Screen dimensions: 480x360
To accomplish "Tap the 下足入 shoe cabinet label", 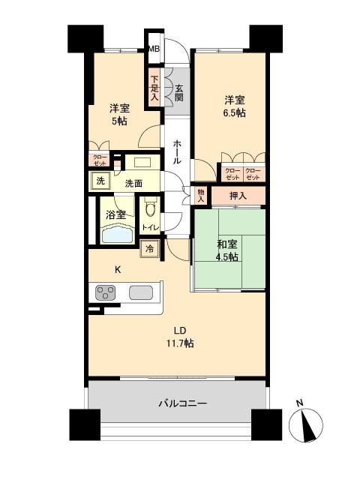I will coord(154,87).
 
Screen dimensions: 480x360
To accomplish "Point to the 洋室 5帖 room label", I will coord(119,114).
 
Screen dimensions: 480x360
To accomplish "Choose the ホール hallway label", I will coord(177,151).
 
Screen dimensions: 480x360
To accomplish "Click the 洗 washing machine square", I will coord(100,181).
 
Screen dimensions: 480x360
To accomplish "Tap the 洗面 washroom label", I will coord(134,183).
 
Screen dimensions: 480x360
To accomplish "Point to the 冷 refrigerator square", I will coord(150,249).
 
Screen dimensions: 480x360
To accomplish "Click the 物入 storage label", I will coord(200,195).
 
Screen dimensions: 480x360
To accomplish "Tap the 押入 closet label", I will coord(237,195).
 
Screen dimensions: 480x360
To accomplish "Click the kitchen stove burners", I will coord(105,292).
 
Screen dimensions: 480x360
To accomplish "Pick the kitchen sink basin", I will coord(140,292).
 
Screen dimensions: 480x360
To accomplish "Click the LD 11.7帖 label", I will coord(180,337).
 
